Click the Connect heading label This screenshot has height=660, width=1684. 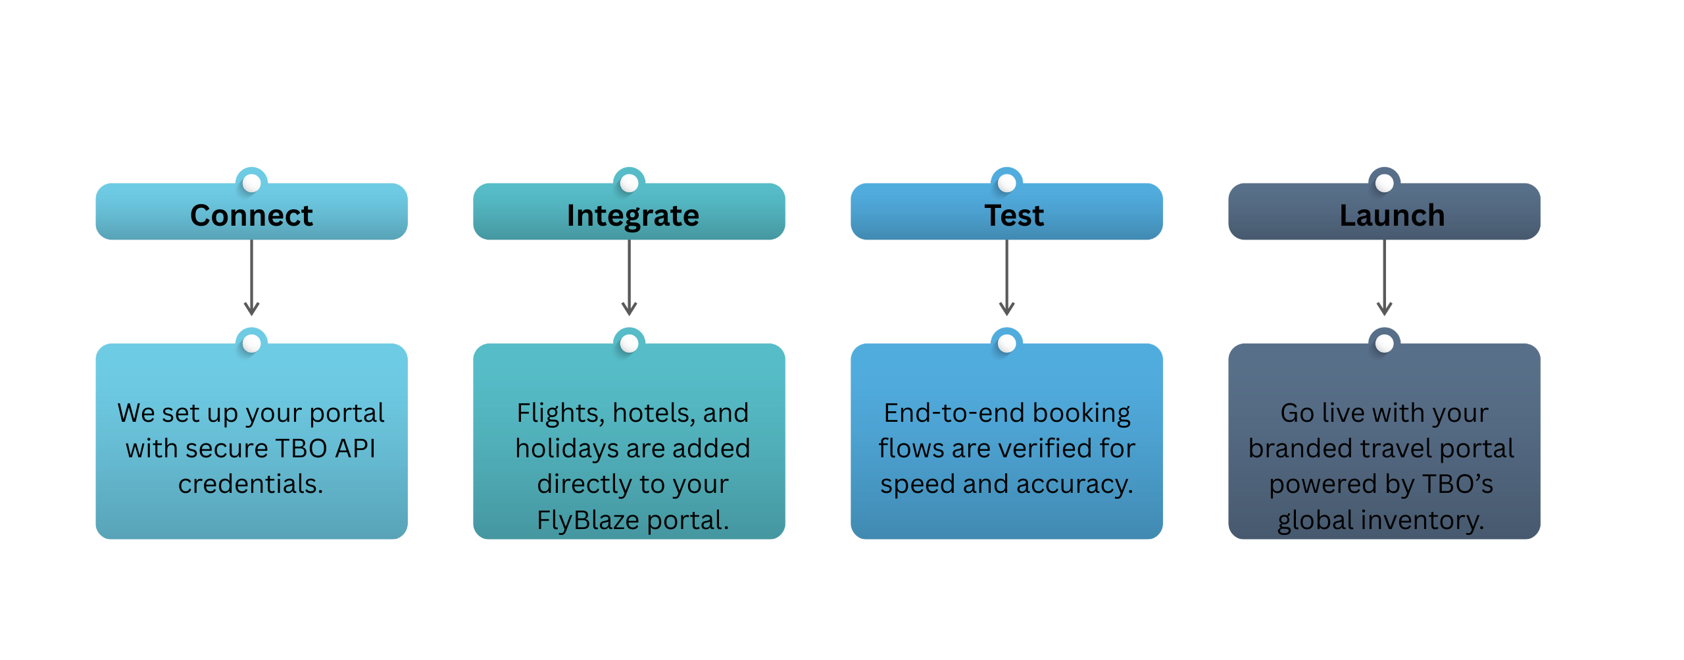click(251, 215)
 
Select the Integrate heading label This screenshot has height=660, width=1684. click(632, 215)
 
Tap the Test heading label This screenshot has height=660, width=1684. click(1014, 215)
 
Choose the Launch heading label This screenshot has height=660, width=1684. click(1392, 215)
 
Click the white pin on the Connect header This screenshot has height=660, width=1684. click(251, 183)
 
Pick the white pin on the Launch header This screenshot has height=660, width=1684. click(1384, 183)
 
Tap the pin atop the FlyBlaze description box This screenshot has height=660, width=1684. click(629, 343)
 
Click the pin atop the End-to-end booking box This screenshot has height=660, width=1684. click(1006, 343)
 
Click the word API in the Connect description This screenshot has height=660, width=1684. click(355, 449)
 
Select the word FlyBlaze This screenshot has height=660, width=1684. click(588, 520)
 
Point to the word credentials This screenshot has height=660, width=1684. click(250, 484)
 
